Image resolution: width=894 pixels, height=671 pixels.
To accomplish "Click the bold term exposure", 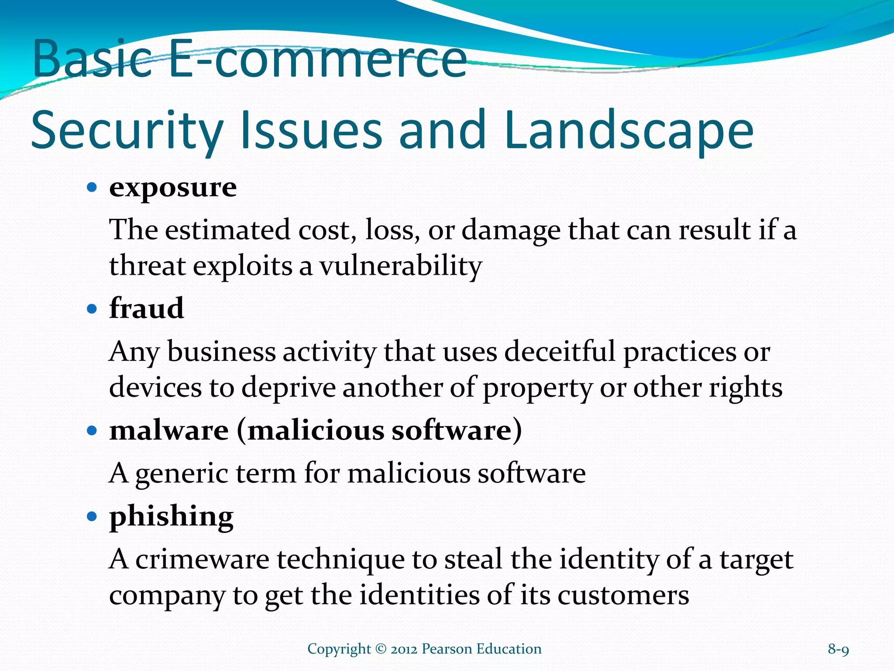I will pyautogui.click(x=173, y=188).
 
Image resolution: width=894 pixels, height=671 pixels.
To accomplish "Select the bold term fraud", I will pyautogui.click(x=146, y=308).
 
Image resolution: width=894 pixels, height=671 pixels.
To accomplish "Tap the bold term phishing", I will pyautogui.click(x=171, y=517).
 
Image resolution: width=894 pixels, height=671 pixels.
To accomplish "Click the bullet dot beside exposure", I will pyautogui.click(x=92, y=188).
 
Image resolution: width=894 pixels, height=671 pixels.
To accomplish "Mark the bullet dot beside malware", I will pyautogui.click(x=92, y=431).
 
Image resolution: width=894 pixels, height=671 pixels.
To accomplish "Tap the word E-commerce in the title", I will pyautogui.click(x=318, y=59).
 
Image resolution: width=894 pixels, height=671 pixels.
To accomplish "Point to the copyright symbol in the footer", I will pyautogui.click(x=381, y=649).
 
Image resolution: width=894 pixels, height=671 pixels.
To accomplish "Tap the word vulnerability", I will pyautogui.click(x=400, y=266).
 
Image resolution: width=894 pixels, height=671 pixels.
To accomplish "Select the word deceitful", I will pyautogui.click(x=560, y=352).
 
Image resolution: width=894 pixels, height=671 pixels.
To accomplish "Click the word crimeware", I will pyautogui.click(x=202, y=560).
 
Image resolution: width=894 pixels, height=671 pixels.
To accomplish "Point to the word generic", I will pyautogui.click(x=182, y=474).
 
